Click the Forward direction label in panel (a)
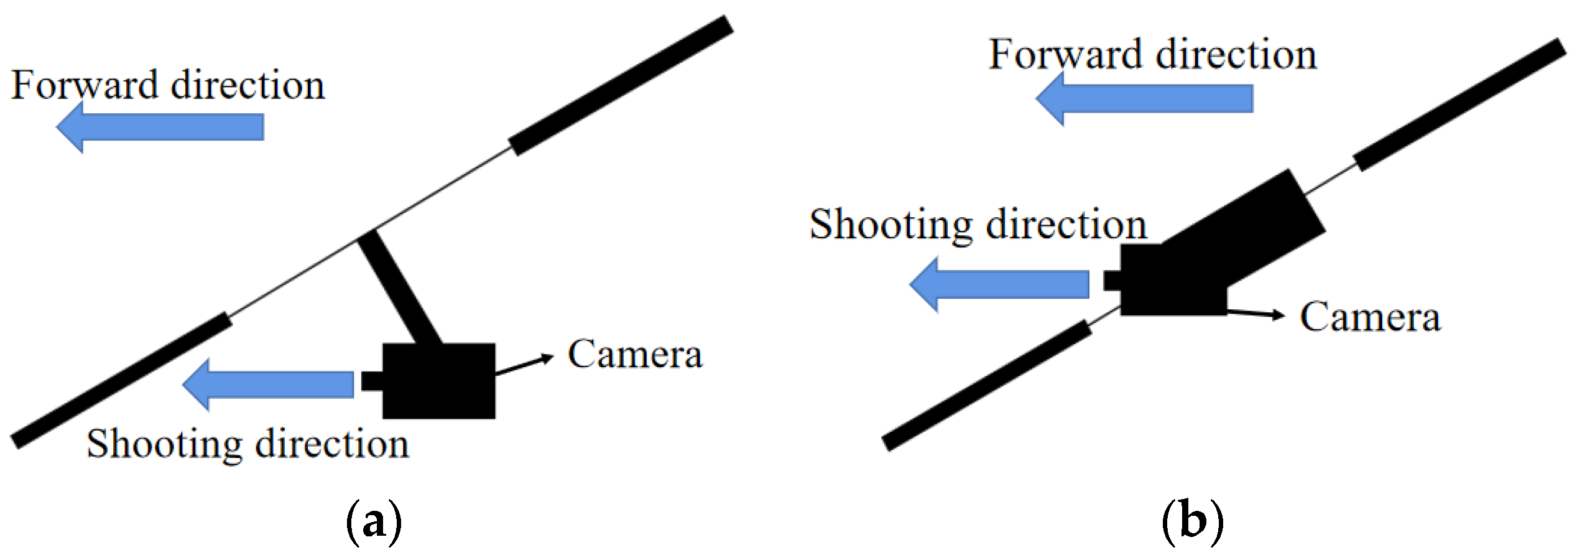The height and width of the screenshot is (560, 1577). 168,85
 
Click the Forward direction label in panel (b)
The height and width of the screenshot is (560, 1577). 1152,55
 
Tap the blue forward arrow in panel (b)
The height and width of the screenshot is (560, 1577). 1144,98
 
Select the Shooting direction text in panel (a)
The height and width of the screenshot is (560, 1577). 247,444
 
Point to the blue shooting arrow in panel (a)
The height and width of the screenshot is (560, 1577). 269,385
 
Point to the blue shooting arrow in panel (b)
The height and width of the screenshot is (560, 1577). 999,284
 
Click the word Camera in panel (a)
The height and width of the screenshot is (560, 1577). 635,355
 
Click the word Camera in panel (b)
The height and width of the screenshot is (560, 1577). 1369,317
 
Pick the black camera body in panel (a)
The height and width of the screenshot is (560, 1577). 439,381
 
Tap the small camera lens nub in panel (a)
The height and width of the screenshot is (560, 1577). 372,381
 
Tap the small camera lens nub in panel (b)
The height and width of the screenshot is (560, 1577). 1112,281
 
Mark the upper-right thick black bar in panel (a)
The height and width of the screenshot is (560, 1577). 621,86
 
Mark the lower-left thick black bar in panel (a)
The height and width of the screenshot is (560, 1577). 122,380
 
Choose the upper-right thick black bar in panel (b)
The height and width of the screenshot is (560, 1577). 1459,105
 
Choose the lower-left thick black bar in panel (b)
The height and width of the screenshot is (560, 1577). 987,385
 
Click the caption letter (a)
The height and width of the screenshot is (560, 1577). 374,521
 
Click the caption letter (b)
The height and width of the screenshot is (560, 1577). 1192,521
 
